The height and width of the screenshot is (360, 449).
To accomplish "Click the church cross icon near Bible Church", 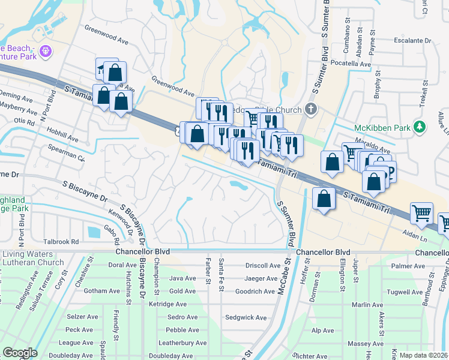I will coord(310,109).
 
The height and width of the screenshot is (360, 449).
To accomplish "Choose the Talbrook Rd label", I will coord(61,242).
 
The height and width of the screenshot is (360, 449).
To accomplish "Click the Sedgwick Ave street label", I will coord(245,317).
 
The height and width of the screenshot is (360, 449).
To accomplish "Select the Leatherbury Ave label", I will coord(182,343).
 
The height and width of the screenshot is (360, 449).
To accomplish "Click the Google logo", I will coord(20,353).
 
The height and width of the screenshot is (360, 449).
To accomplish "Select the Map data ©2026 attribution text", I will coord(423,355).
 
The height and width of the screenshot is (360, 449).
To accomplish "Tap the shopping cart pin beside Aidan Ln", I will coord(421,212).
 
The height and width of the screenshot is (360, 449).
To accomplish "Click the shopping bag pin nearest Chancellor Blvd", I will coord(324,199).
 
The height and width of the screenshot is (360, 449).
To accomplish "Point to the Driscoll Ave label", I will coord(263,265).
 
